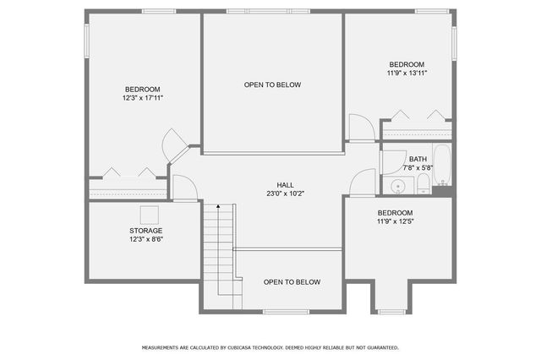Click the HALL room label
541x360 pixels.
click(x=286, y=184)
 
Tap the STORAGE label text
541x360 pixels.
click(x=146, y=230)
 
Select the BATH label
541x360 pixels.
click(x=418, y=159)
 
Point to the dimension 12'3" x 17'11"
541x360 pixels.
click(x=142, y=98)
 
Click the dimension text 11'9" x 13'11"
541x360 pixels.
click(x=407, y=74)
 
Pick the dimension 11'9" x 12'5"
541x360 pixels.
click(x=395, y=221)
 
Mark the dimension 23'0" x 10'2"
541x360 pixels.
click(x=286, y=194)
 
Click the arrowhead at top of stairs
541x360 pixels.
click(x=217, y=206)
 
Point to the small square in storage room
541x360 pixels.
click(x=150, y=215)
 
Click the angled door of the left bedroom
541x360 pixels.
click(x=176, y=145)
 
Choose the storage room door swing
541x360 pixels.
click(x=183, y=188)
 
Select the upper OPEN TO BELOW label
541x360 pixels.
click(x=272, y=85)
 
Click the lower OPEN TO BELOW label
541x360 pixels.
click(x=292, y=282)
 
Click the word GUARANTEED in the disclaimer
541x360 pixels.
click(x=380, y=347)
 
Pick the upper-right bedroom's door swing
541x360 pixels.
click(x=361, y=128)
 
